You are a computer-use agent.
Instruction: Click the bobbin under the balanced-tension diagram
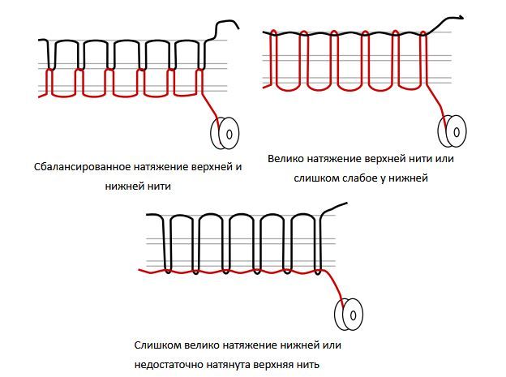click(x=223, y=132)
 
